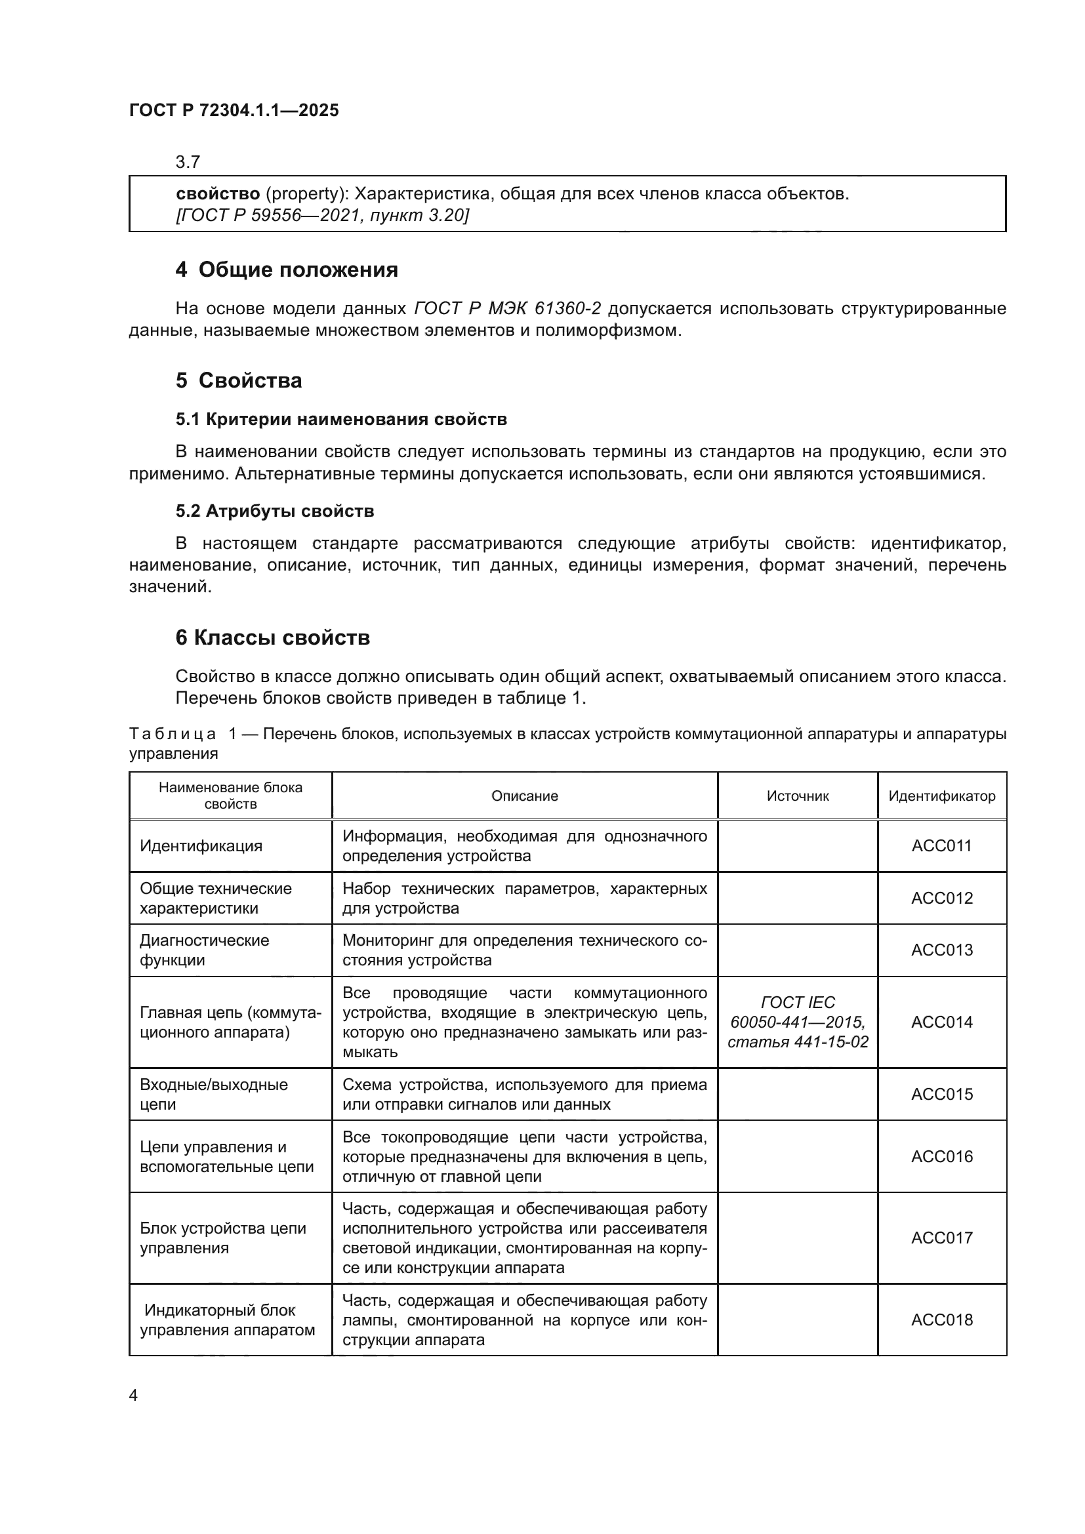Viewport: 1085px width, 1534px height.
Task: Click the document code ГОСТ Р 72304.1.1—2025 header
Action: tap(234, 110)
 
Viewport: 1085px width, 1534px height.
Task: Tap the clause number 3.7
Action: tap(188, 162)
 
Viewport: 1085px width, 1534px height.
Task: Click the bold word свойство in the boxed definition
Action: tap(218, 193)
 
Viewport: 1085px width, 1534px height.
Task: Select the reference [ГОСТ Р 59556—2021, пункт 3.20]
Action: tap(322, 215)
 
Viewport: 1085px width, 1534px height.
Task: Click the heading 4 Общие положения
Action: tap(287, 270)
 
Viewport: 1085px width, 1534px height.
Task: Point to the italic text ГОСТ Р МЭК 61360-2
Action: tap(507, 308)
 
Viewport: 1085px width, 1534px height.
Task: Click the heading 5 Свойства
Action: tap(239, 380)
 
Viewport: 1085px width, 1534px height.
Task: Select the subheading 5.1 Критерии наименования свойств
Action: tap(340, 420)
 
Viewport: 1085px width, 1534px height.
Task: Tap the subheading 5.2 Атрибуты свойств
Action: tap(275, 511)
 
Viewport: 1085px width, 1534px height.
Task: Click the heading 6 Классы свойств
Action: tap(273, 637)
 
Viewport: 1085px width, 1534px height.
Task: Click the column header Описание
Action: tap(525, 796)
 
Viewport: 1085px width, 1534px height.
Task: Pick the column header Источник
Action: tap(798, 796)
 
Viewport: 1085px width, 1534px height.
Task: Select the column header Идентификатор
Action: tap(941, 796)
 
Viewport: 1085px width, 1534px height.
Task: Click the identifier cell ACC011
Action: tap(941, 846)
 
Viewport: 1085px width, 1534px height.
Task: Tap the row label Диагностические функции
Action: tap(205, 950)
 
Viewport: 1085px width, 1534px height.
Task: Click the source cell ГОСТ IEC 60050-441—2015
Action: tap(798, 1022)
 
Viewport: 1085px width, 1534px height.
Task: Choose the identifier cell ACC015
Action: tap(941, 1095)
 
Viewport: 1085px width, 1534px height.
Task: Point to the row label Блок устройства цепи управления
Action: tap(222, 1238)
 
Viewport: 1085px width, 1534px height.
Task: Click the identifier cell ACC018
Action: tap(941, 1320)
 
